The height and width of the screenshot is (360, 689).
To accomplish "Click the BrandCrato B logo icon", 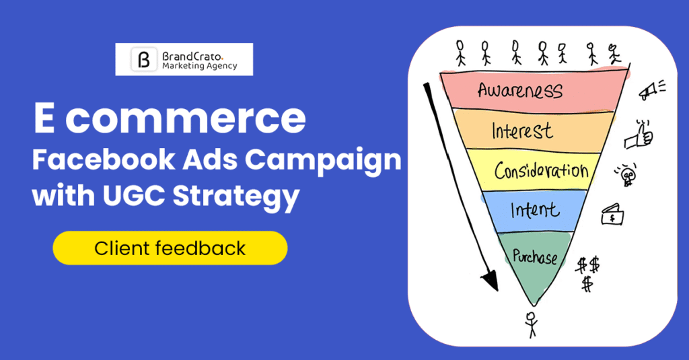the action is tap(144, 59).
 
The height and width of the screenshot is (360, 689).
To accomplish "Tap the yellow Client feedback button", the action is tap(170, 248).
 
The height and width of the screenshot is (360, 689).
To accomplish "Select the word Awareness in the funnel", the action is tap(520, 90).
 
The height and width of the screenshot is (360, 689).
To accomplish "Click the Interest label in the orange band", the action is tap(522, 131).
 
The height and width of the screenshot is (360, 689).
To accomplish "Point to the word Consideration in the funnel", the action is tap(542, 170).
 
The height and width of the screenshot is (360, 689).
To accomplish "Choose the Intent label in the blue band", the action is tap(535, 210).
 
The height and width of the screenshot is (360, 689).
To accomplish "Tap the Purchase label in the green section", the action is tap(535, 256).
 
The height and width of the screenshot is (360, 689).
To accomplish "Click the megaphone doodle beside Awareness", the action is tap(651, 89).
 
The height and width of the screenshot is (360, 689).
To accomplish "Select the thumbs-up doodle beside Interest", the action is tap(639, 135).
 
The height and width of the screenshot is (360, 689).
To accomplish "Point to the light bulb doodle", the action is tap(626, 175).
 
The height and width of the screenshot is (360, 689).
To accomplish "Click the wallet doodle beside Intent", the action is tap(612, 215).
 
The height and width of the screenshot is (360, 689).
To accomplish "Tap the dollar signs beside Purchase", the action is tap(587, 274).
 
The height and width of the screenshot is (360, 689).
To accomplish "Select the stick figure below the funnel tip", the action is tap(532, 324).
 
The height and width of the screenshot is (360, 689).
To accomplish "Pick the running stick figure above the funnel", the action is tap(614, 54).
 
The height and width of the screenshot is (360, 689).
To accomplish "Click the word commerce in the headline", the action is tap(185, 118).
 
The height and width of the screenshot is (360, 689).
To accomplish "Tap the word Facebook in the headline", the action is tap(103, 159).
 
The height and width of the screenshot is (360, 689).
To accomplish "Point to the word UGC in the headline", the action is tap(134, 194).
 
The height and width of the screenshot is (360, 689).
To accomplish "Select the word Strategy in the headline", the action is tap(236, 196).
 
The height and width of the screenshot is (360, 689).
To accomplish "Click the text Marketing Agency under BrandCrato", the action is tap(199, 66).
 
